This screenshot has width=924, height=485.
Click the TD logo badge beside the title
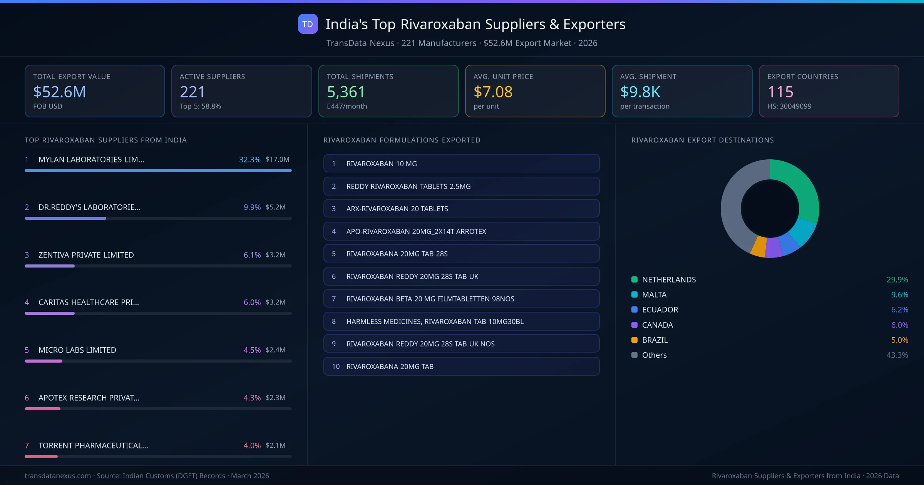[x=308, y=24]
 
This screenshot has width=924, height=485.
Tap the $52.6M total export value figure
[x=60, y=92]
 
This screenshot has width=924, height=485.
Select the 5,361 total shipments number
[x=346, y=92]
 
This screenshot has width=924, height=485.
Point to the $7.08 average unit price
[x=493, y=92]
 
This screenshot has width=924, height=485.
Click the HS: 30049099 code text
[x=789, y=106]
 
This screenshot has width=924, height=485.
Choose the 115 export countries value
[x=780, y=92]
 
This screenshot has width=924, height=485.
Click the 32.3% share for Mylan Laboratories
[x=249, y=159]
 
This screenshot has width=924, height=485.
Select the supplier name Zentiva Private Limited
[x=86, y=255]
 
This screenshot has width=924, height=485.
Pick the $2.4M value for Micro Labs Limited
[x=275, y=350]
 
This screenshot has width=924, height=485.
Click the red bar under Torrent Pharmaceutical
[x=41, y=457]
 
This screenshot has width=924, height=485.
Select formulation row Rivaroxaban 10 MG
[x=461, y=164]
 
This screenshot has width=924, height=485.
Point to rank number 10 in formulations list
[x=335, y=366]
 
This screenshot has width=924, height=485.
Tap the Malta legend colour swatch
[x=634, y=294]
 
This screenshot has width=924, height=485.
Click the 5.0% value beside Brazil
[x=899, y=340]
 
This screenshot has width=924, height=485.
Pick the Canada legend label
[x=657, y=325]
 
